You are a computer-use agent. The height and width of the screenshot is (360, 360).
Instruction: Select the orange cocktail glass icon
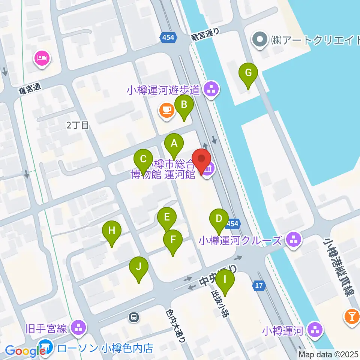[x=352, y=317]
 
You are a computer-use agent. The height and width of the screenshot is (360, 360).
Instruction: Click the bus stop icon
[x=133, y=318]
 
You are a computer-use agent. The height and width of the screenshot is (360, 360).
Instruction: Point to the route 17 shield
[x=259, y=286]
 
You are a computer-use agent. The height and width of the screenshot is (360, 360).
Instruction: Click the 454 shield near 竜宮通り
[x=166, y=37]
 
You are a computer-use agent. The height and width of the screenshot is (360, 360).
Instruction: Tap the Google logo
[x=25, y=351]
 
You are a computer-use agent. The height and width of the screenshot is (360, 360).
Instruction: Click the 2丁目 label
[x=78, y=126]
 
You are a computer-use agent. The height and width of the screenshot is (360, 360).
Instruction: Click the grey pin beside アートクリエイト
[x=259, y=40]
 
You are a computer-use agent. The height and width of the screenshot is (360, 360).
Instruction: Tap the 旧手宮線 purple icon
[x=78, y=328]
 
